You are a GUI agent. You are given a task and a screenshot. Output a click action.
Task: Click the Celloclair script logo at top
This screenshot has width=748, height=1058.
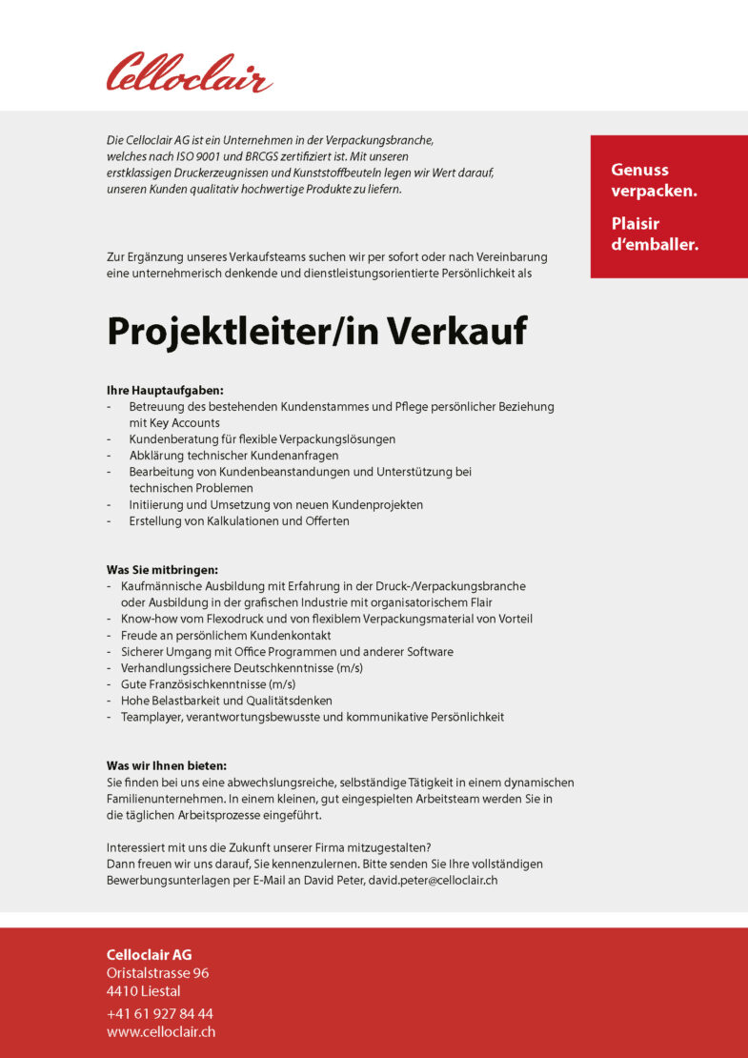click(189, 73)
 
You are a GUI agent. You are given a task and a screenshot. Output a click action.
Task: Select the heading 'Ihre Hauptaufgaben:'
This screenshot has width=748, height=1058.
click(165, 390)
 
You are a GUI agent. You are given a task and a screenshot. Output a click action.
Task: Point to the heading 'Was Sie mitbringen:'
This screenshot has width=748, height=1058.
click(162, 570)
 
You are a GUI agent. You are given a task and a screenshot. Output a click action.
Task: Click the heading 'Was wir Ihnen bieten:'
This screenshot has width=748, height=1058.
click(166, 765)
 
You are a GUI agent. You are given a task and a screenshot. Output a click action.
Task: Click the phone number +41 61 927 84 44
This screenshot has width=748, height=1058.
click(159, 1013)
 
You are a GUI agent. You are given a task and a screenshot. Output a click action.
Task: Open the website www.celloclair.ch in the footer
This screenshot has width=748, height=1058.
click(160, 1031)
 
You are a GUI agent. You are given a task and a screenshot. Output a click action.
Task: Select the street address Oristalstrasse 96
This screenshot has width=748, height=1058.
click(157, 973)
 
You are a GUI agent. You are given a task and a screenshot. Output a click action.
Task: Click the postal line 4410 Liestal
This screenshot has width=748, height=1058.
click(143, 991)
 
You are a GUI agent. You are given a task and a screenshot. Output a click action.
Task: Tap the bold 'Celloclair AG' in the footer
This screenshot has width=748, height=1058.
click(149, 955)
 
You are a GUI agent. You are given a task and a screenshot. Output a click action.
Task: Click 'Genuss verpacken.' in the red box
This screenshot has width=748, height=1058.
click(654, 180)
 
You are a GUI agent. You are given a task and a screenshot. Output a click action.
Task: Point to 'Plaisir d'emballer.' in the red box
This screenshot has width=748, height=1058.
click(655, 234)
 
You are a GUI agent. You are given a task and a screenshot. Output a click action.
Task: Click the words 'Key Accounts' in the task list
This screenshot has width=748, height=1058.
click(174, 422)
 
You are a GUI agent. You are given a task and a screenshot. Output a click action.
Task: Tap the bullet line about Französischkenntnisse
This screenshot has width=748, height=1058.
click(208, 684)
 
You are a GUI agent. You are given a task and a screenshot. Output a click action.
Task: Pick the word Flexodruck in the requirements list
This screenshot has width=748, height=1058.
click(224, 619)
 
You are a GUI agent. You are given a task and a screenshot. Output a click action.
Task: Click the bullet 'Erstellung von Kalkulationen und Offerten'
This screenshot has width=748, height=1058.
click(239, 520)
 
